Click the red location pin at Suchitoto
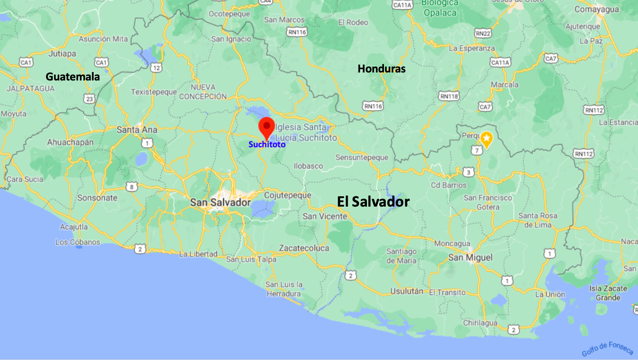coord(267,127)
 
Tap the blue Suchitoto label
coord(267,145)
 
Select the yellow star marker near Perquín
coord(486,138)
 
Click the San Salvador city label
coord(220,202)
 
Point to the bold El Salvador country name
coord(373,202)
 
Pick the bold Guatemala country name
coord(72,76)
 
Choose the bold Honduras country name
coord(381,69)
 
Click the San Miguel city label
coord(470,257)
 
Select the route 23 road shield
coord(89,98)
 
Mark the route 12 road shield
coord(156,68)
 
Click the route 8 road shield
coord(132,187)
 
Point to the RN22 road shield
coord(483,33)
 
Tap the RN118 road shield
coord(449,96)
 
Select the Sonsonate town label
coord(97,198)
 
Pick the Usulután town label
coord(407,292)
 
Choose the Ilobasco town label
coord(308,166)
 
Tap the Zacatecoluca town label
coord(304,248)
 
